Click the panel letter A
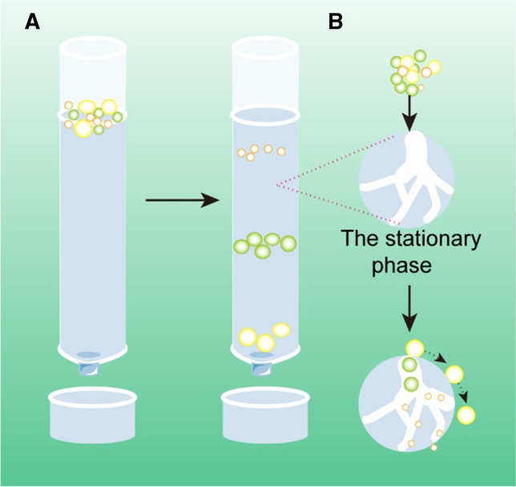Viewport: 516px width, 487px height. point(32,22)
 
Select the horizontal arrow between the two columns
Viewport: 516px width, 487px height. point(183,200)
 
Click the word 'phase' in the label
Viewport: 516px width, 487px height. point(407,266)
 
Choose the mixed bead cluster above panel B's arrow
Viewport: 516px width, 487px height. point(413,70)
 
